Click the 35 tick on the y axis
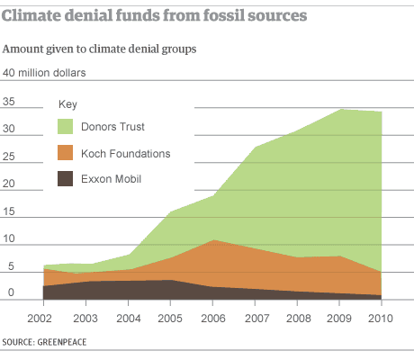(11, 103)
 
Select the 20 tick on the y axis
(11, 185)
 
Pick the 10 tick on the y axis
(11, 240)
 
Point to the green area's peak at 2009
(339, 110)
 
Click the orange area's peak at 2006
(212, 240)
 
